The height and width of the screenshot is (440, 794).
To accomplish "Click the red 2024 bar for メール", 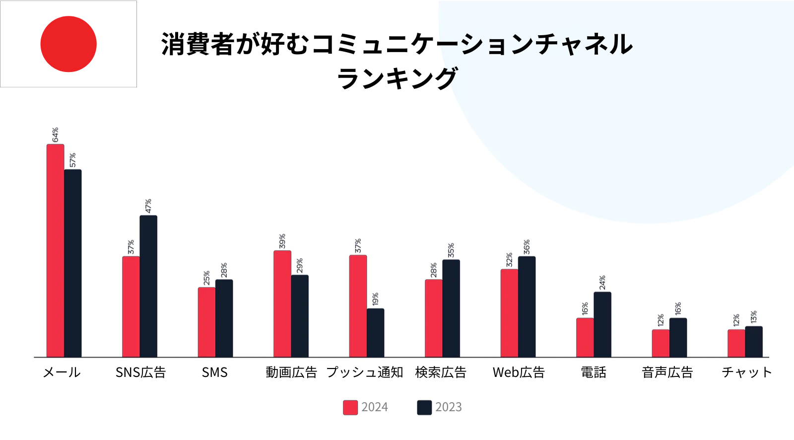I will (55, 251).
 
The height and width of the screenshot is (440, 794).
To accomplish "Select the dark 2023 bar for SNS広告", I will (148, 287).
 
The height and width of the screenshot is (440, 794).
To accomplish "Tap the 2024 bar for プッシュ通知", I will (358, 306).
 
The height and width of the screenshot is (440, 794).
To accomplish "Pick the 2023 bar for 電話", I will (602, 325).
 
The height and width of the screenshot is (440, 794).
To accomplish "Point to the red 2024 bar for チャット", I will (736, 343).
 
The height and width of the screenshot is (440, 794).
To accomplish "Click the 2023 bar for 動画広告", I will (300, 316).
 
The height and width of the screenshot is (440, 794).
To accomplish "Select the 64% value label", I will (55, 135).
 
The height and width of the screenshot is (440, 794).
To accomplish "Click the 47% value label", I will (148, 206).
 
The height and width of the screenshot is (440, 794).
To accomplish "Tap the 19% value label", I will (375, 299).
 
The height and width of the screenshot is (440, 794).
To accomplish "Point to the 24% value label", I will (602, 283).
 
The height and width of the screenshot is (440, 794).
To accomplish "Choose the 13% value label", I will (754, 317).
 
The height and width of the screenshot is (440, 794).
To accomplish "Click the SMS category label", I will (214, 372).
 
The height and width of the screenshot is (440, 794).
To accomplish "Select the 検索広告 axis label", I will (441, 372).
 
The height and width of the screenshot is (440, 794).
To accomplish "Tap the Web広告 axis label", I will (519, 372).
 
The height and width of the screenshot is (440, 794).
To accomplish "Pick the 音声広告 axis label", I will (667, 372).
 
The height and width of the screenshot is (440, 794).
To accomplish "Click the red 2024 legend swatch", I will (350, 407).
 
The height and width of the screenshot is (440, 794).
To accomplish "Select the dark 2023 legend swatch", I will (424, 407).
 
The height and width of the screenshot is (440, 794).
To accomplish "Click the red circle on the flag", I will (68, 44).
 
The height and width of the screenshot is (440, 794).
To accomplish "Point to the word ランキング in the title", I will (397, 78).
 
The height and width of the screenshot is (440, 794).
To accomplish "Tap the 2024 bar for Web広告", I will (509, 313).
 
